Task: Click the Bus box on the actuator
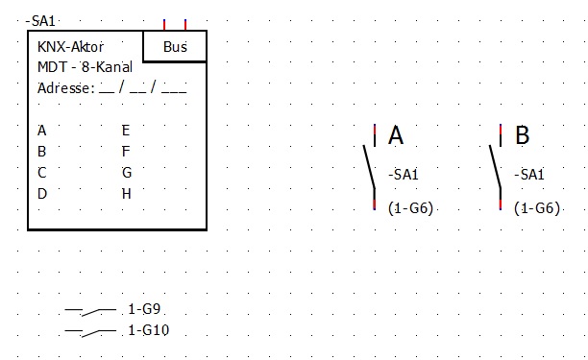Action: pyautogui.click(x=175, y=46)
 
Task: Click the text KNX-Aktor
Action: pyautogui.click(x=70, y=47)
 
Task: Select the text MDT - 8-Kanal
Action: pyautogui.click(x=85, y=67)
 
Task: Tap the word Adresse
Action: pyautogui.click(x=63, y=88)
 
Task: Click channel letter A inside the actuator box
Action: pyautogui.click(x=41, y=131)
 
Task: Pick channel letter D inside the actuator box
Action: pyautogui.click(x=42, y=194)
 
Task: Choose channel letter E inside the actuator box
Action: pyautogui.click(x=126, y=131)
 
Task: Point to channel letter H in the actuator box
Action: pyautogui.click(x=127, y=194)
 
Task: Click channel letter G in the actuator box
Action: pyautogui.click(x=127, y=173)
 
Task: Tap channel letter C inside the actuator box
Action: pyautogui.click(x=41, y=173)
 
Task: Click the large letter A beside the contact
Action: pyautogui.click(x=396, y=134)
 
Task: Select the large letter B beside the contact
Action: pyautogui.click(x=522, y=134)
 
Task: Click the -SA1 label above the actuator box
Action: pyautogui.click(x=40, y=21)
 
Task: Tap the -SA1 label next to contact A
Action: pyautogui.click(x=404, y=175)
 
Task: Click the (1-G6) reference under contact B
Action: pyautogui.click(x=537, y=208)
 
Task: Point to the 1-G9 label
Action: pyautogui.click(x=144, y=309)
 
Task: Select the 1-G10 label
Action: pyautogui.click(x=149, y=330)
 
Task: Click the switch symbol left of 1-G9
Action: pyautogui.click(x=90, y=311)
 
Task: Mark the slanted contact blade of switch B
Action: pyautogui.click(x=495, y=166)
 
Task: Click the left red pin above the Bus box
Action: pyautogui.click(x=164, y=25)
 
